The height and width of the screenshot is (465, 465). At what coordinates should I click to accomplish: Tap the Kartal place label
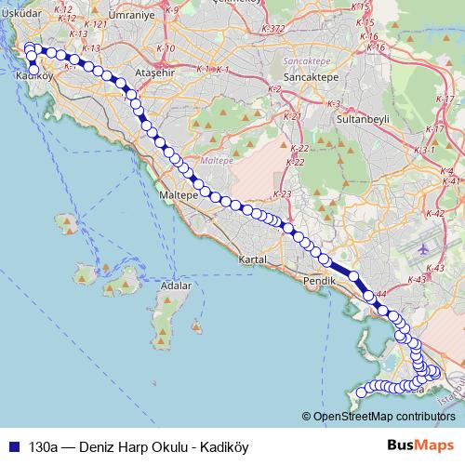point(252,259)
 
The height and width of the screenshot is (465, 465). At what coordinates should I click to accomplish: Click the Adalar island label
point(176,286)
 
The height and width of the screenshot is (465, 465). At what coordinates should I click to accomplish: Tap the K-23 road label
point(283,193)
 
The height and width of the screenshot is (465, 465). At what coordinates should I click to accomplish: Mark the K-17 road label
point(435,129)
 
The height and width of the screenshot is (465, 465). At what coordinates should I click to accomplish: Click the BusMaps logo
point(415,445)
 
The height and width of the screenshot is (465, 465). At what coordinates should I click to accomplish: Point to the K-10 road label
point(166,47)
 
